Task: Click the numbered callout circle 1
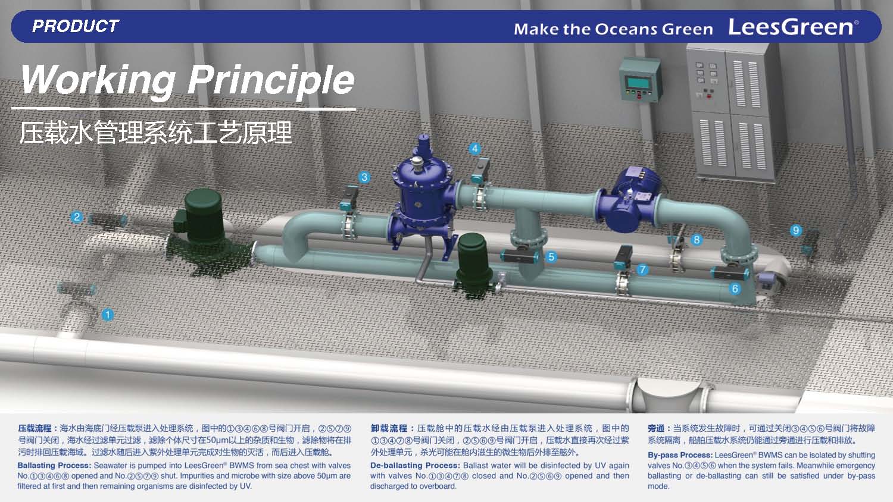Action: (x=107, y=315)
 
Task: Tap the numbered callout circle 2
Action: (x=77, y=217)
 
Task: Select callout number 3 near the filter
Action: (x=364, y=177)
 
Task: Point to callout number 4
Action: (x=474, y=149)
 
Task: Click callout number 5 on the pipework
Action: (x=551, y=257)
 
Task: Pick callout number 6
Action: (x=735, y=288)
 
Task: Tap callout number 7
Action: (x=642, y=269)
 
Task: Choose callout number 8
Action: (x=697, y=240)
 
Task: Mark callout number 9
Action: (x=796, y=230)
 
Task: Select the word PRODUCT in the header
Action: (x=76, y=26)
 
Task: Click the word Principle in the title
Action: (x=271, y=80)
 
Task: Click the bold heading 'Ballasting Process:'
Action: (x=55, y=465)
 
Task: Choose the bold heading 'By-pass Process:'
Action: (x=680, y=455)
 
